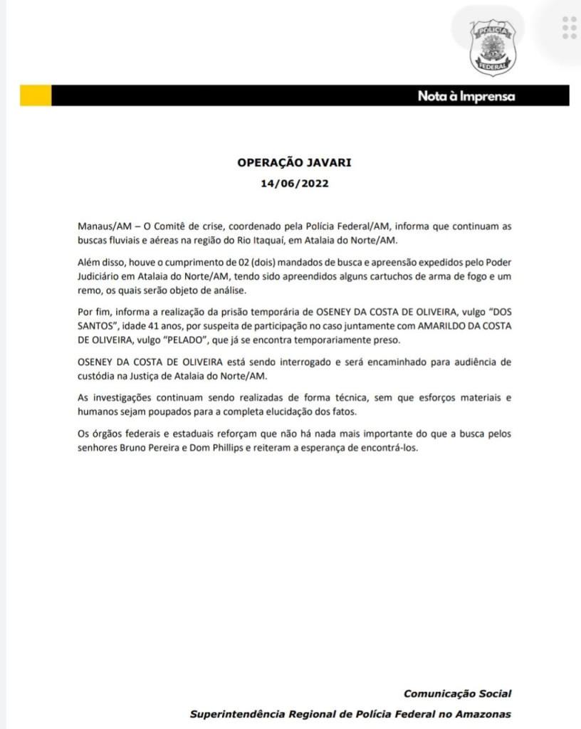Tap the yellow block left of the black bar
pos(35,95)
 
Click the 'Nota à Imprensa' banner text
pos(466,97)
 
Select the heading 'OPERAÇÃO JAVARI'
pos(294,162)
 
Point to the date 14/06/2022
pos(294,182)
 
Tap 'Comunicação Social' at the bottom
pos(457,693)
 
